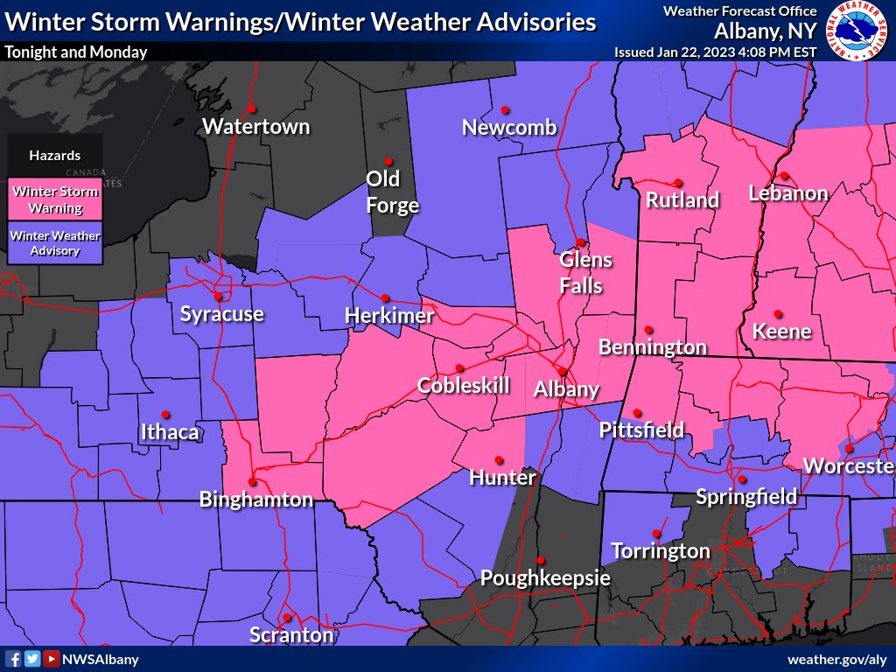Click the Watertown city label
(x=255, y=126)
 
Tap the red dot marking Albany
(x=562, y=372)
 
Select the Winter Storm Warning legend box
(x=54, y=199)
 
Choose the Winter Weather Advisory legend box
(x=54, y=242)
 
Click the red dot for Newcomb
(x=505, y=110)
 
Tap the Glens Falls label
(x=585, y=272)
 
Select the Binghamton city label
(x=255, y=500)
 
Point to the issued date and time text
(x=715, y=52)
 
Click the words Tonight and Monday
(x=75, y=52)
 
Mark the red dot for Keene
(x=778, y=313)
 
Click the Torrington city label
(x=660, y=550)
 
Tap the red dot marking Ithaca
(x=165, y=415)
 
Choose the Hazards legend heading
(x=54, y=156)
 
